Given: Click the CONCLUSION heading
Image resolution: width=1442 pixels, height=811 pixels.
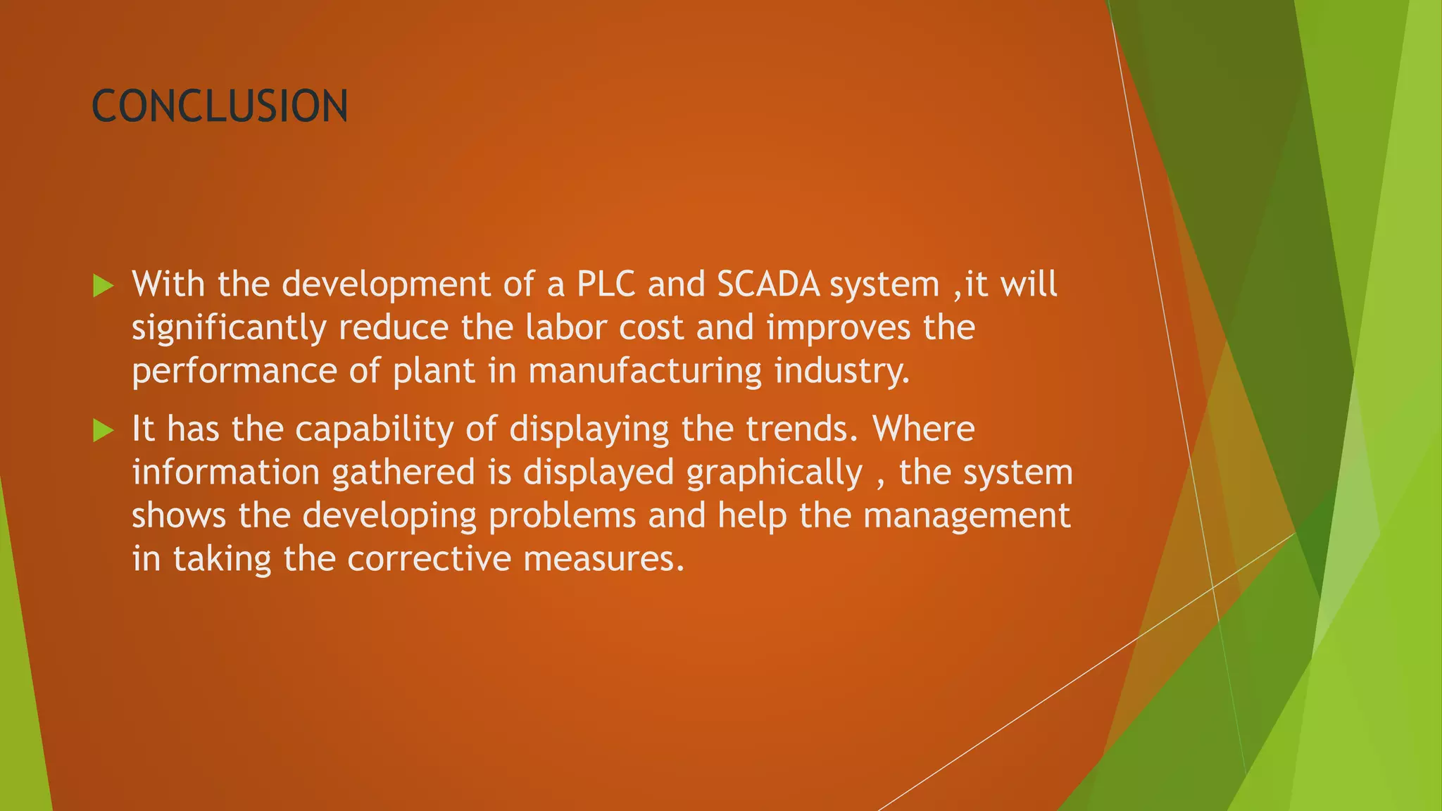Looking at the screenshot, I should (220, 106).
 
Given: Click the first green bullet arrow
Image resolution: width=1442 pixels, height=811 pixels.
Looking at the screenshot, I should (103, 286).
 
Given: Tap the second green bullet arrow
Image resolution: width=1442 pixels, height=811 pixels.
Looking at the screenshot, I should (103, 430).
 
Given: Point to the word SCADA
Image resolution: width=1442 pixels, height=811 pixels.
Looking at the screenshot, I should (768, 284).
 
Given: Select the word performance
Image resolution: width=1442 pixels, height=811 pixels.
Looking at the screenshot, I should (234, 372).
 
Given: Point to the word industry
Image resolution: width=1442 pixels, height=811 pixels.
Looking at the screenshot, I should (842, 372).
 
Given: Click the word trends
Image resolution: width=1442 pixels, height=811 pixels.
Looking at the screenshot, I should (802, 429).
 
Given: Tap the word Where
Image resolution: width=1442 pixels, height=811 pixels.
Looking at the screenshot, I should (924, 429).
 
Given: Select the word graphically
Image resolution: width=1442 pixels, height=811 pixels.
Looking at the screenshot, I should (775, 473).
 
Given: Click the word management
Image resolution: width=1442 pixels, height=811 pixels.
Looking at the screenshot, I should (967, 516).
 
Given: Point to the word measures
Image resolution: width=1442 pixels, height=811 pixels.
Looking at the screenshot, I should (603, 559).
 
